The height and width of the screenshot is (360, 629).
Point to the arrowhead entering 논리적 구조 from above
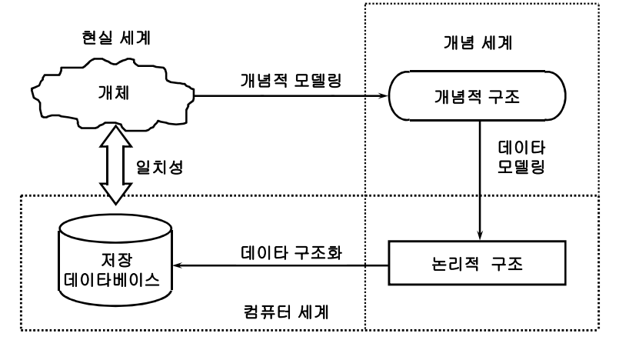coord(480,235)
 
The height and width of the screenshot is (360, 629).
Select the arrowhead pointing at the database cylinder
coord(178,266)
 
